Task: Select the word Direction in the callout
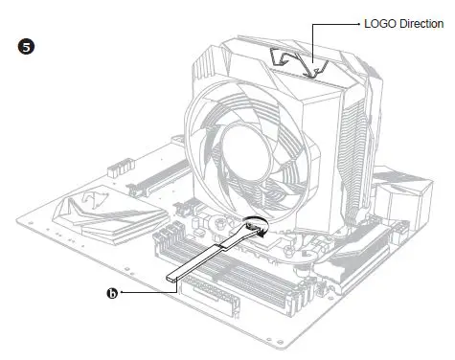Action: tap(422, 23)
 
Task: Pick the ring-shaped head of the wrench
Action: tap(255, 228)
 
